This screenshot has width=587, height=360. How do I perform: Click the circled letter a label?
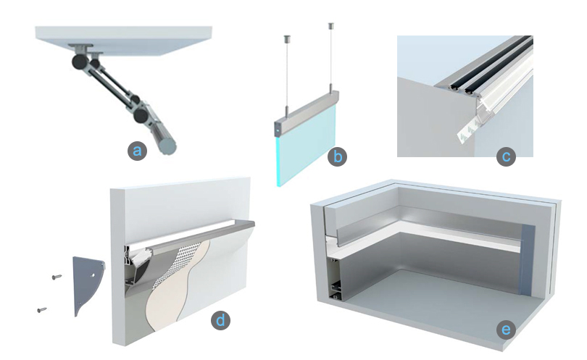point(137,151)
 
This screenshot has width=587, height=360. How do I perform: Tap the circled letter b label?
point(337,156)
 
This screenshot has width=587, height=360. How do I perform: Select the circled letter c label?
point(506,156)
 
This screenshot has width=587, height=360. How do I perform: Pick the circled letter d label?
point(220,321)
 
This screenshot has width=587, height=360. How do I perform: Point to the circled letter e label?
point(506,330)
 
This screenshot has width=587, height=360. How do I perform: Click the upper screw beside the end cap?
point(57,277)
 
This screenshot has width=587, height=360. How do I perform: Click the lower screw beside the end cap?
point(42,310)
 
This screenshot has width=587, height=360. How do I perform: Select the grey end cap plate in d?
point(87,280)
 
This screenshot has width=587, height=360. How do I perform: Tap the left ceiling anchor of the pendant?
point(287,38)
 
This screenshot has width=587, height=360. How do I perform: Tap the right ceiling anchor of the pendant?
point(331,26)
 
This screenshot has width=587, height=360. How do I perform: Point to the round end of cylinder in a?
point(167,146)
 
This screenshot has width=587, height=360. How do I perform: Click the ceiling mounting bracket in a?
point(80,48)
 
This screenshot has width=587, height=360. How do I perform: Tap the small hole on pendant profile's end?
point(278,130)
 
